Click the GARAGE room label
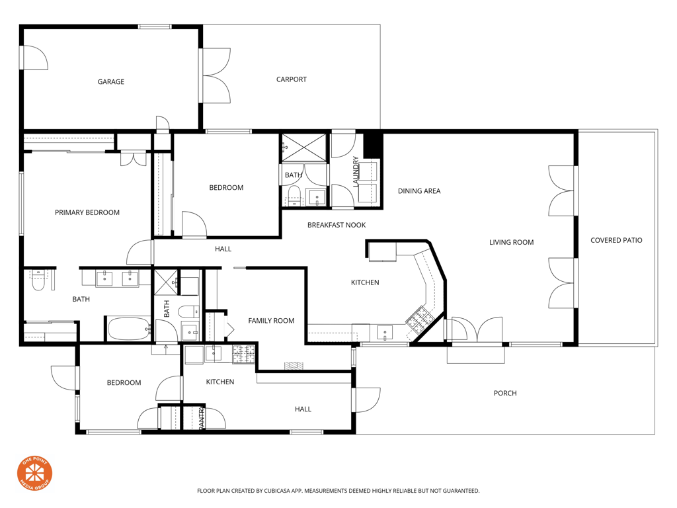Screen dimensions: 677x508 coord(111,81)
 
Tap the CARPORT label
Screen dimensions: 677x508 coord(292,79)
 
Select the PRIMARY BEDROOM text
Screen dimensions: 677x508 coord(87,212)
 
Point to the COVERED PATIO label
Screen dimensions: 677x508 coord(616,240)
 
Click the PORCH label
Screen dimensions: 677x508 coord(505,393)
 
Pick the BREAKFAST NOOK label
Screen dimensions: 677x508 coord(337,225)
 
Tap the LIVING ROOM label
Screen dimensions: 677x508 coord(511,242)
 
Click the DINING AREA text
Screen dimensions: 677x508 coord(419,191)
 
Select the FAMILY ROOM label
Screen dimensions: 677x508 coord(271,321)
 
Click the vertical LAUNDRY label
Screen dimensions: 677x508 coord(356,171)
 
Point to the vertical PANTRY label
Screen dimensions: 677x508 coord(201,418)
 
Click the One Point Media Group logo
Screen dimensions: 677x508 coord(34,474)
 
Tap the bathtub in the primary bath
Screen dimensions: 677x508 coord(128,329)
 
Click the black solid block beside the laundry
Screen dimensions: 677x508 coord(373,145)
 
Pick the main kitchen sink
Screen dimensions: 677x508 coord(385,333)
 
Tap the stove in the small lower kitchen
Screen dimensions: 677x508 coord(244,355)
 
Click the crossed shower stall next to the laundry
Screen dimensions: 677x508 coord(304,148)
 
